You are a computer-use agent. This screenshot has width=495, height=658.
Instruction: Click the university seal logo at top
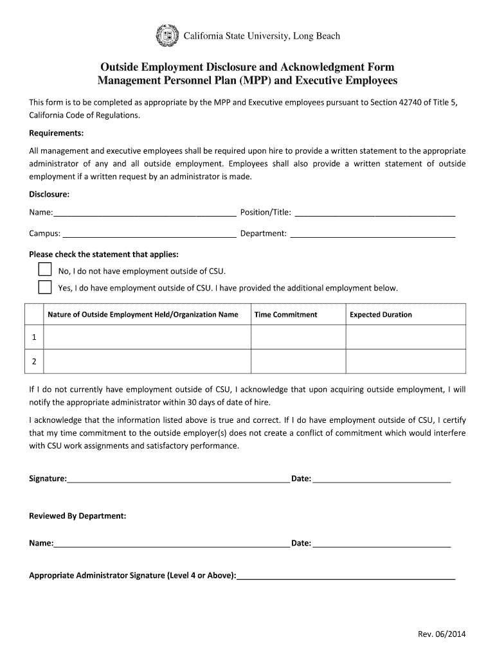168,36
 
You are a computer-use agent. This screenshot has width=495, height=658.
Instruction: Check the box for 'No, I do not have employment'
44,269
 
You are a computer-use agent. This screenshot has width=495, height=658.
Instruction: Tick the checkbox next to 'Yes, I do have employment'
44,287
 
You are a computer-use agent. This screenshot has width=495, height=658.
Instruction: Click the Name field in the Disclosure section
145,213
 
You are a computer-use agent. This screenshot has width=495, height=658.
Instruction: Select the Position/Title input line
374,213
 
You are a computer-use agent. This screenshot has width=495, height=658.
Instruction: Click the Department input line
373,233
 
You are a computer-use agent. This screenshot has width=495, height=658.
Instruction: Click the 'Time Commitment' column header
286,314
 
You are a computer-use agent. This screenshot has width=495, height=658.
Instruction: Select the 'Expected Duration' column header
381,314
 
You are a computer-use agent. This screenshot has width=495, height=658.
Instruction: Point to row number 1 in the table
33,337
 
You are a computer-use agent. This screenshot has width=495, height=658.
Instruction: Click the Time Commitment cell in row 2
298,361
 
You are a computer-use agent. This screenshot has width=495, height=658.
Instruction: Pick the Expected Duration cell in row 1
405,337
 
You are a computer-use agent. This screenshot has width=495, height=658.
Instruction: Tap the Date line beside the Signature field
381,479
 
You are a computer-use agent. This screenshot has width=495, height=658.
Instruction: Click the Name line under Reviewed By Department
171,544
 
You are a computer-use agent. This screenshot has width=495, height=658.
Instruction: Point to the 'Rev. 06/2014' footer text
442,634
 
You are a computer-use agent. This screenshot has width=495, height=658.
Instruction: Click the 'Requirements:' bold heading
57,133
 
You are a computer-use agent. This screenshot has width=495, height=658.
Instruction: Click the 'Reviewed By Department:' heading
77,516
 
